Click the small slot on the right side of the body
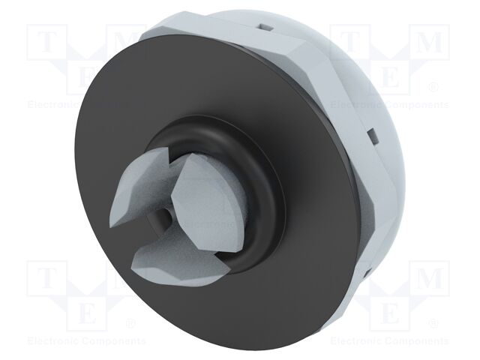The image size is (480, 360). (370, 135)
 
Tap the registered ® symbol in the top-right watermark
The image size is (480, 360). (433, 88)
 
